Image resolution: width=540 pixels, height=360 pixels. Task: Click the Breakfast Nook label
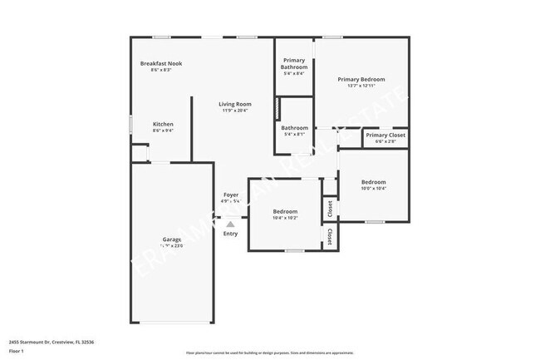(161, 63)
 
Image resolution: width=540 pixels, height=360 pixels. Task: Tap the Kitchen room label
(163, 124)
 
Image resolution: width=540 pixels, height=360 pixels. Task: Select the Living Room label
(235, 104)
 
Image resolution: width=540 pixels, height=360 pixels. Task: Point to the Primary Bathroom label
(294, 63)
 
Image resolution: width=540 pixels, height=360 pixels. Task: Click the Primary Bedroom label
(361, 79)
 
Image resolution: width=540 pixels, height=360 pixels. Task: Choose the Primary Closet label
(385, 135)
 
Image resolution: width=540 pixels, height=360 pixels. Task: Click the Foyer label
(231, 195)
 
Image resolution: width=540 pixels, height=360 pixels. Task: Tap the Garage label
(172, 239)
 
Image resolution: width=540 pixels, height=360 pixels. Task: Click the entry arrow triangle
(231, 224)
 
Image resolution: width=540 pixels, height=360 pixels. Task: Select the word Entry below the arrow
(231, 234)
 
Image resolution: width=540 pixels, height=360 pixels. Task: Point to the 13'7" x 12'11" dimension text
(361, 86)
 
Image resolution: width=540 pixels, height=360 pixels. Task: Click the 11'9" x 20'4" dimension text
(235, 111)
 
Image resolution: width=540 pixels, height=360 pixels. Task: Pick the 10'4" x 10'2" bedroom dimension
(285, 218)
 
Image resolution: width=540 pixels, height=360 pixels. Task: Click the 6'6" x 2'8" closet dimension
(385, 141)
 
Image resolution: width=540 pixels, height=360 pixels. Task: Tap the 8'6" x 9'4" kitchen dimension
(163, 131)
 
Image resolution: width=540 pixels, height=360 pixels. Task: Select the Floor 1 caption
(17, 352)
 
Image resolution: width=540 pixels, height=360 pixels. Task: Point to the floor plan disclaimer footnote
(269, 353)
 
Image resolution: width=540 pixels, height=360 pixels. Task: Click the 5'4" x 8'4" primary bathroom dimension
(294, 73)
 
